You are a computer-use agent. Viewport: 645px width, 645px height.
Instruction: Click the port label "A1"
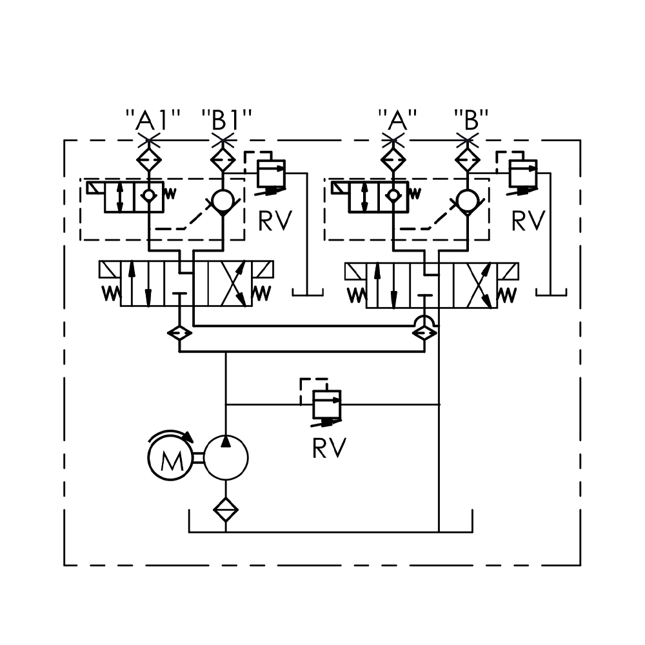152,120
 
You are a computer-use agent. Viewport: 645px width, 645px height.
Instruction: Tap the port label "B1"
226,120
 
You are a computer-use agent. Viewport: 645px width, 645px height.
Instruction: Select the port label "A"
398,120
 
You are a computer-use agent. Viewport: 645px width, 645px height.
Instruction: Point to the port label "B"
471,120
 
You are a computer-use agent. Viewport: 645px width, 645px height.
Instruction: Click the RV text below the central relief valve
329,448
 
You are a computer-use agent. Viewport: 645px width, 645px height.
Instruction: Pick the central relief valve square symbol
326,404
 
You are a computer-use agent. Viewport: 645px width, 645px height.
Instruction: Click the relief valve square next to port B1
271,173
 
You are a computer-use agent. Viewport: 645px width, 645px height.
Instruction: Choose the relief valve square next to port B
523,173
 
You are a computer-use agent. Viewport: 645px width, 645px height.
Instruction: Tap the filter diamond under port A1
150,159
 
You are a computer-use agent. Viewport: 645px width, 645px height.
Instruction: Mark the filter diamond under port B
468,159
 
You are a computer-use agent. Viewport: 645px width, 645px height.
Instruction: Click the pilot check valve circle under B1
223,202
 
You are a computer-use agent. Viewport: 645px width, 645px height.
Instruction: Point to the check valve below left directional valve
179,333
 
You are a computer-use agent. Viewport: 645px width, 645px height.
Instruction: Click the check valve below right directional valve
424,333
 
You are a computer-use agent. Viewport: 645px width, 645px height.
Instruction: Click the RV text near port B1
275,221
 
